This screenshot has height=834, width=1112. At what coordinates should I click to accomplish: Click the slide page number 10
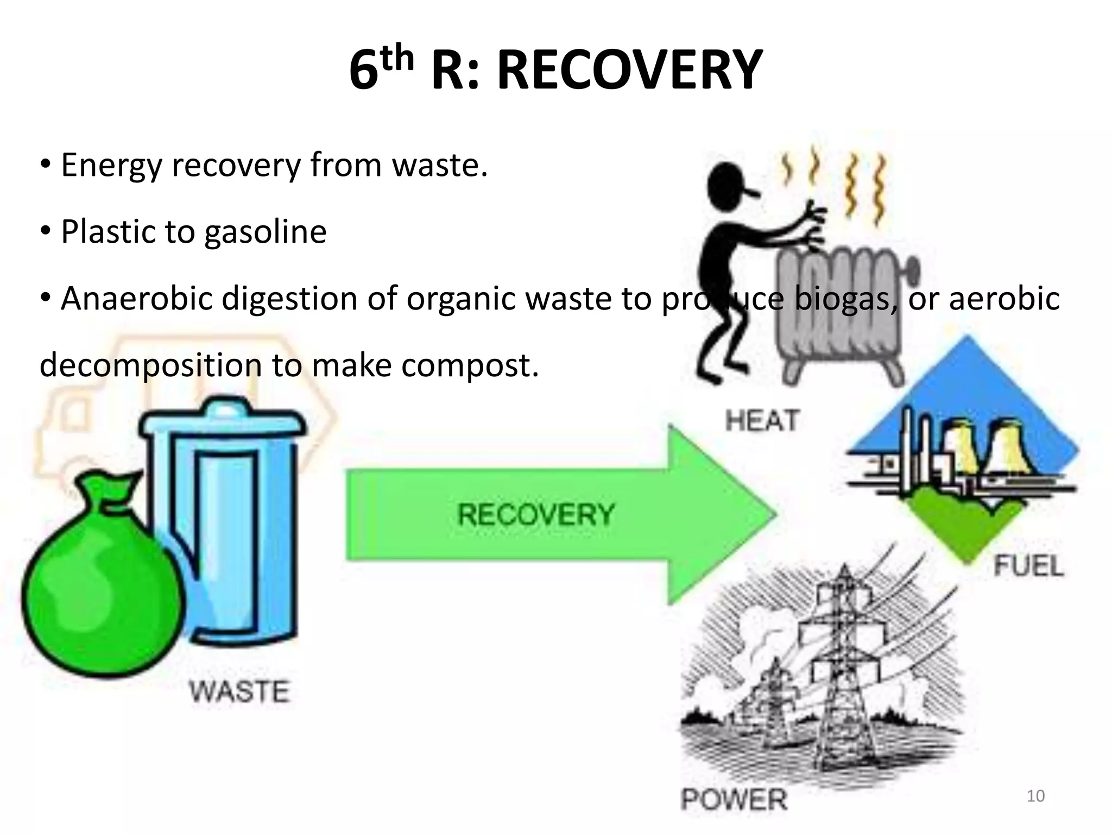1035,796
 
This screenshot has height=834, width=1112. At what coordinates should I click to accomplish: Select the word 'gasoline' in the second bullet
266,232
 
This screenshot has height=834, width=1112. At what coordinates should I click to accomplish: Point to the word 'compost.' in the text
470,365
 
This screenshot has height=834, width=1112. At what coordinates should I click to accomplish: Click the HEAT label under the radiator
762,421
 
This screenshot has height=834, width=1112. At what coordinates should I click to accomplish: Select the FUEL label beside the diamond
1028,566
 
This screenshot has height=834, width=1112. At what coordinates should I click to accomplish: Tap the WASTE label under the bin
239,692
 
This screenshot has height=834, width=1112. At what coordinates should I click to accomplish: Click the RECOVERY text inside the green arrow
536,514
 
